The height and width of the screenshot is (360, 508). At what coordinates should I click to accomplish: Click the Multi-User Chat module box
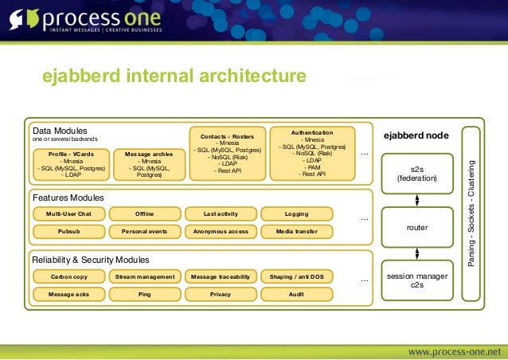coord(68,214)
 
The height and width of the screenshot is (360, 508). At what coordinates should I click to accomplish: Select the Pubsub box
coord(68,232)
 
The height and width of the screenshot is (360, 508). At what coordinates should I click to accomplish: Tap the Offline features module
coord(144,214)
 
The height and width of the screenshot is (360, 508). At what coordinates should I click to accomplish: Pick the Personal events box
coord(144,232)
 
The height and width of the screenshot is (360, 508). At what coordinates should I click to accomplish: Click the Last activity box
coord(221,214)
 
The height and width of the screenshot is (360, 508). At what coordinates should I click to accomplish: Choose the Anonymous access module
coord(221,232)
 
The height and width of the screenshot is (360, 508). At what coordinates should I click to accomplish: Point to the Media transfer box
coord(296,232)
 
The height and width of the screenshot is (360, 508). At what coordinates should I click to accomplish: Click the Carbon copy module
coord(68,277)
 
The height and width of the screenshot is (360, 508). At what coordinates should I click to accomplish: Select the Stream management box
coord(144,277)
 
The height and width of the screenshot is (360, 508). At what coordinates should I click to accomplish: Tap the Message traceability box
coord(221,277)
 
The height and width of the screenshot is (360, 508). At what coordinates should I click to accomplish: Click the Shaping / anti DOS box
coord(296,277)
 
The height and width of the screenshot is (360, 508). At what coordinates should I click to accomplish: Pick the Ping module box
coord(144,294)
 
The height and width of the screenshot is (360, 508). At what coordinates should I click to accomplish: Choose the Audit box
coord(296,294)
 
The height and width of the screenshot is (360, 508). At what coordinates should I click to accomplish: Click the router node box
coord(417,227)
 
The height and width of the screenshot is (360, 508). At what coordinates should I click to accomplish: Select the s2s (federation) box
coord(417,174)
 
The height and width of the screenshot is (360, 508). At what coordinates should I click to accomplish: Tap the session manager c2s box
coord(417,280)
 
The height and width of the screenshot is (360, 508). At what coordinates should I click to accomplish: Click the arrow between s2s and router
coord(417,201)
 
